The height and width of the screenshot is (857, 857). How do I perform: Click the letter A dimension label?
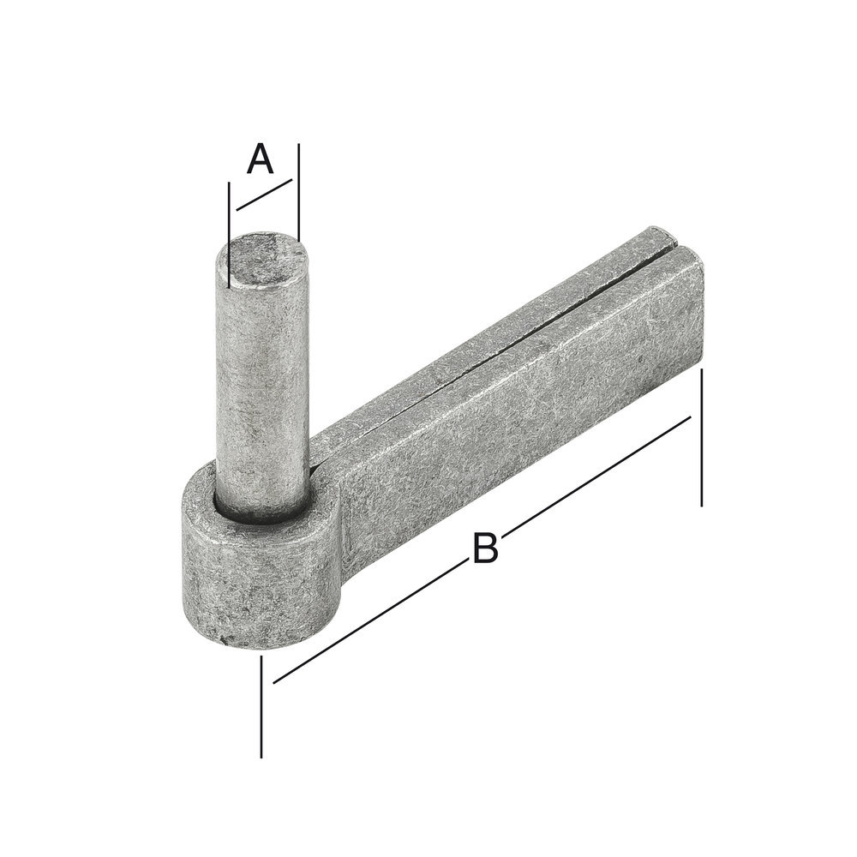[x=260, y=160]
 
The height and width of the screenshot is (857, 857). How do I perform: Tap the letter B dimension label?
[x=485, y=548]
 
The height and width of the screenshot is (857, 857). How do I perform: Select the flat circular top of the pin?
[x=262, y=255]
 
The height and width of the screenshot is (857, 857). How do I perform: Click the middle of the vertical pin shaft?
[x=262, y=386]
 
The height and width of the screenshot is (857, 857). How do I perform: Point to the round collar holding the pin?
[x=257, y=583]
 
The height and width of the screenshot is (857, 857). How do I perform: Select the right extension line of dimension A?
[x=298, y=189]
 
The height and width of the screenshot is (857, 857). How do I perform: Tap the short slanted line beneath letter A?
[x=264, y=195]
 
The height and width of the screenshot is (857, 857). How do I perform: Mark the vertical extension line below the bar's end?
[x=702, y=437]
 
